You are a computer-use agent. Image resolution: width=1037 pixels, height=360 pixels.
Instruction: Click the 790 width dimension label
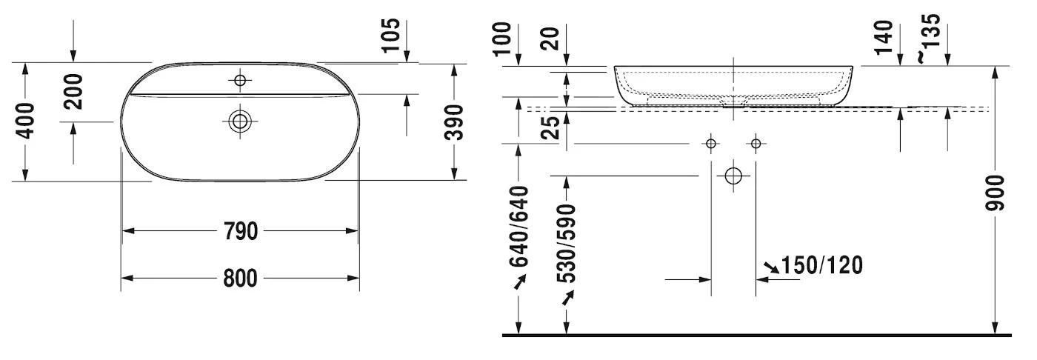[240, 231]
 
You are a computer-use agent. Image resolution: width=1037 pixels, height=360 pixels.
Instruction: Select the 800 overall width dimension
[240, 278]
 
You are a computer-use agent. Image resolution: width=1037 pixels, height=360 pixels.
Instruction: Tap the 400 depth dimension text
[25, 121]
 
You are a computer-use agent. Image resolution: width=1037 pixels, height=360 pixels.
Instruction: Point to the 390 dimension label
[453, 122]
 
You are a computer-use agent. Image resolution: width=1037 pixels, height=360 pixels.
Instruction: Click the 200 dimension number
[73, 92]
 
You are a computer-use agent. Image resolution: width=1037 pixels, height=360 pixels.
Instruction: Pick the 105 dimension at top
[391, 35]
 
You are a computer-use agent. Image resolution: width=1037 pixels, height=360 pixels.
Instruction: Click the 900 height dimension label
[995, 193]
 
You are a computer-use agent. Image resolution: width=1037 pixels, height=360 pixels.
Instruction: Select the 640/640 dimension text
[519, 226]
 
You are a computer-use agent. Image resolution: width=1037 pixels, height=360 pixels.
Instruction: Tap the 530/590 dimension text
[566, 244]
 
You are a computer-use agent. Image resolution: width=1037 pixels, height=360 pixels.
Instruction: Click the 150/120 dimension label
[822, 265]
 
